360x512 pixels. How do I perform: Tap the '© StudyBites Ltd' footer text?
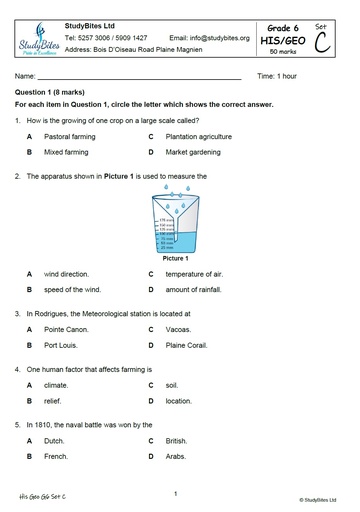[x=318, y=497]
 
